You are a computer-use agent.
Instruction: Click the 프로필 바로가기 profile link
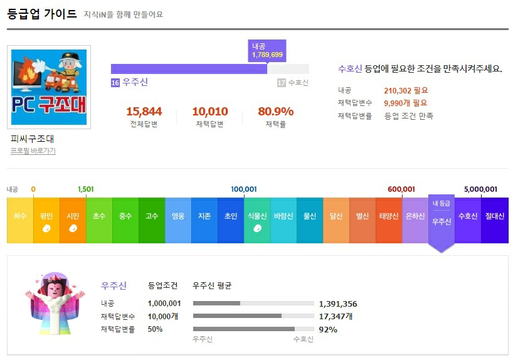[x=33, y=151]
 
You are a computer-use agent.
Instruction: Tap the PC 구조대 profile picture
[x=49, y=87]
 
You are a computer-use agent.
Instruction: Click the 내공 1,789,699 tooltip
[x=267, y=51]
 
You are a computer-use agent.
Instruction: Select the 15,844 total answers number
[x=144, y=112]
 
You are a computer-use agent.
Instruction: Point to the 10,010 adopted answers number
[x=209, y=112]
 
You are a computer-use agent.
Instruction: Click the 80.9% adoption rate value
[x=275, y=112]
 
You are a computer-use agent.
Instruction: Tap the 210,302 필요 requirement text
[x=406, y=90]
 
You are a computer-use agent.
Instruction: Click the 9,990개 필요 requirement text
[x=405, y=103]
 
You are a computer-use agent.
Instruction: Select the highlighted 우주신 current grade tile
[x=442, y=220]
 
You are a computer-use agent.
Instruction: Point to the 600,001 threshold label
[x=401, y=189]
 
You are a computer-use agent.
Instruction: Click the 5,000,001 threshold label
[x=480, y=189]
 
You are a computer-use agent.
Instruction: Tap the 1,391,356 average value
[x=338, y=304]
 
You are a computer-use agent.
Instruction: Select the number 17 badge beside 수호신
[x=281, y=83]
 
